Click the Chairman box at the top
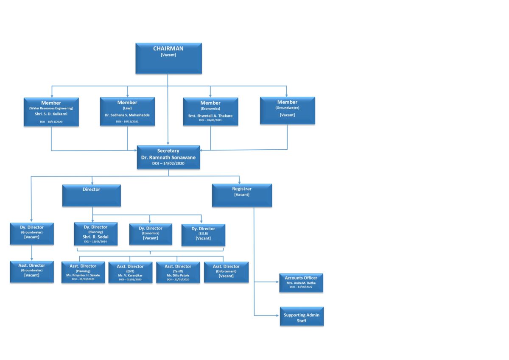168,58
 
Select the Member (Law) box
127,112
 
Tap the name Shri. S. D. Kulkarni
51,114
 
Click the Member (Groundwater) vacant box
287,110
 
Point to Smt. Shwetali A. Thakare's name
210,116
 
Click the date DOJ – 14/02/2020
168,163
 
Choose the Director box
91,195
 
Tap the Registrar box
242,195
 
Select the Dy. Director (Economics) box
151,234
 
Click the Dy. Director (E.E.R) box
203,235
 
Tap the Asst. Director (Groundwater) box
32,271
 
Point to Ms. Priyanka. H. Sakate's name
83,275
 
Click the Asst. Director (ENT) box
130,272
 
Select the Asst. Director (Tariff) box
178,272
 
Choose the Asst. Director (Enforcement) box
226,272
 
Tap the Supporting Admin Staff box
302,316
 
